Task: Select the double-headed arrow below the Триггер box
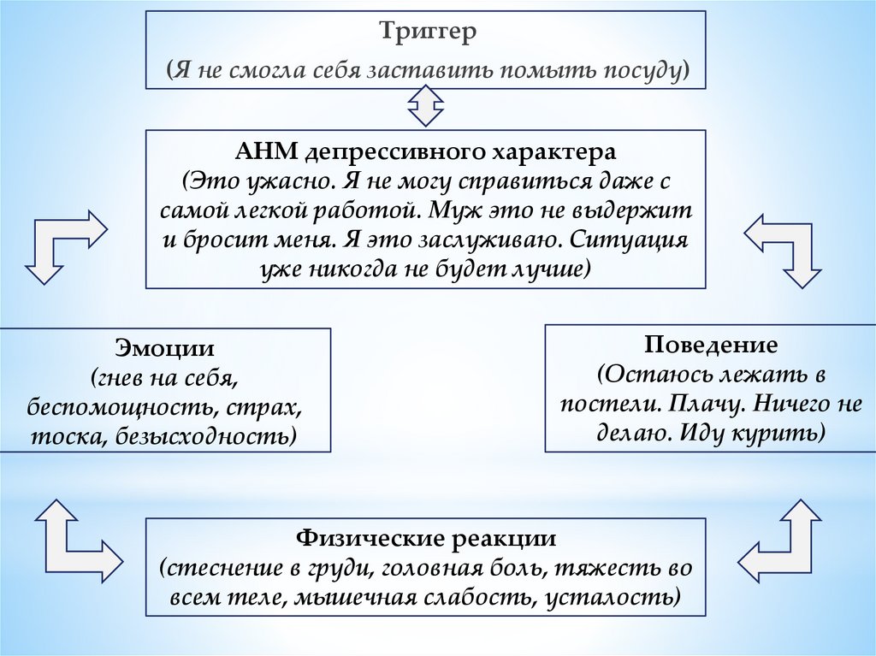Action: (425, 108)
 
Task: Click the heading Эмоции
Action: (165, 350)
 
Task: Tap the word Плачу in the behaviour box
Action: (704, 404)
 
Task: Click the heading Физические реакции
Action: (426, 539)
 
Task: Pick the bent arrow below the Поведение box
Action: (780, 537)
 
